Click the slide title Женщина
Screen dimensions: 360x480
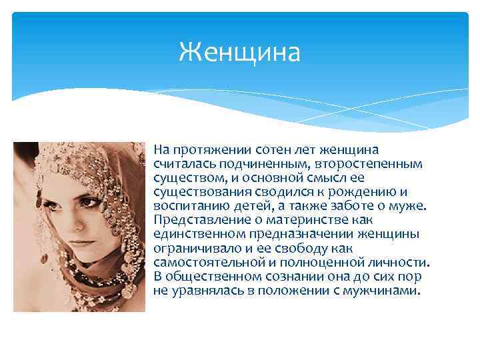[x=239, y=52]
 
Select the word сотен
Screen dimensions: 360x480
[x=264, y=151]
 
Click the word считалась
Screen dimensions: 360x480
[x=181, y=163]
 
